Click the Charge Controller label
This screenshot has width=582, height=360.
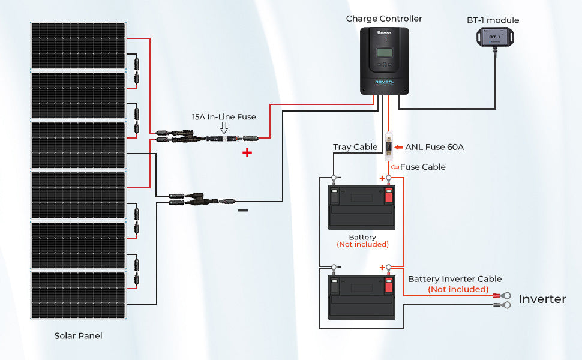[x=384, y=19]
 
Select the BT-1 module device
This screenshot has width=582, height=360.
[x=493, y=38]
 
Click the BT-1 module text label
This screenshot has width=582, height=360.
[x=493, y=20]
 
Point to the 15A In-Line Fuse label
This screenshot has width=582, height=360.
[x=224, y=117]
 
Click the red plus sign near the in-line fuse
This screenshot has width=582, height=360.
[x=247, y=153]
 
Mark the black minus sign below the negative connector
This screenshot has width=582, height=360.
[x=243, y=211]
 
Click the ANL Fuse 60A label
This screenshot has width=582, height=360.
[x=434, y=146]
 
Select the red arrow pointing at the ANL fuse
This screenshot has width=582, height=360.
[x=399, y=146]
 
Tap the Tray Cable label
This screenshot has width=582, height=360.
[x=355, y=147]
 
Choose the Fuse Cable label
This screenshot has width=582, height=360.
[x=423, y=167]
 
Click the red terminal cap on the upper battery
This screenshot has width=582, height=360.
[x=388, y=195]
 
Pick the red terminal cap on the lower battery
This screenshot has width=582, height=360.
[x=388, y=284]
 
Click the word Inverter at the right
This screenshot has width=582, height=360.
[x=542, y=299]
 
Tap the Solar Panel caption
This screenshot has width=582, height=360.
[x=78, y=336]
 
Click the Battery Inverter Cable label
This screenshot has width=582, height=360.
[x=455, y=279]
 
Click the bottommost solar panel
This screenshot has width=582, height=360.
[x=78, y=295]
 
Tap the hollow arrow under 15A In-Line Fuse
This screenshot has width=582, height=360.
[x=224, y=128]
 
